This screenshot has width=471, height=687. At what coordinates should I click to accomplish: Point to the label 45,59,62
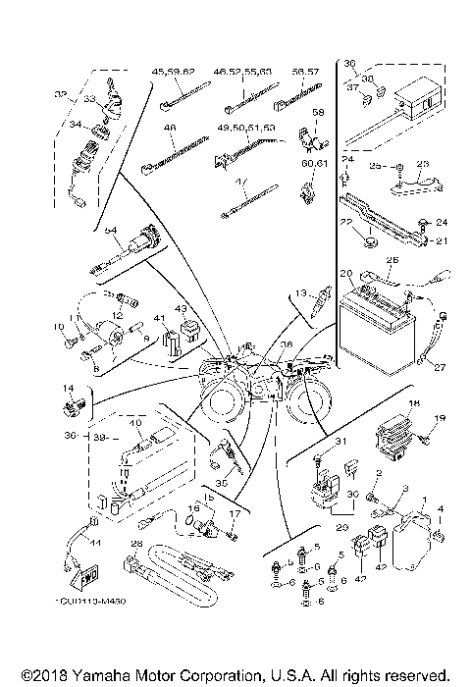(x=174, y=72)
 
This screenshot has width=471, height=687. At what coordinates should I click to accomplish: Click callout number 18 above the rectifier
(x=414, y=404)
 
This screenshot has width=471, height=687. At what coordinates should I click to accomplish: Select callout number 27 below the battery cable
(x=439, y=368)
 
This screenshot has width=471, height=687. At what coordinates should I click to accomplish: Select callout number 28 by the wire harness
(x=136, y=543)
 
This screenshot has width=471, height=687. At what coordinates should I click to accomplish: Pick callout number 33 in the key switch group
(x=89, y=99)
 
